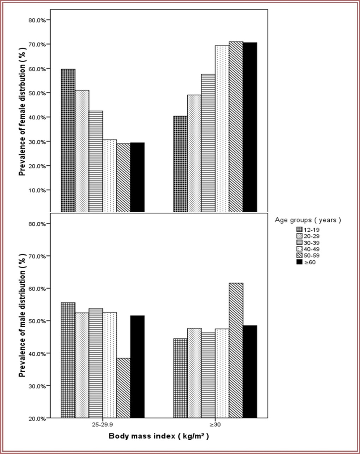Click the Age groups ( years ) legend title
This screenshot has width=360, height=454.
308,220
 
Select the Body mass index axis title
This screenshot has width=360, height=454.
159,436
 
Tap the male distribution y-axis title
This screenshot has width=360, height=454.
22,314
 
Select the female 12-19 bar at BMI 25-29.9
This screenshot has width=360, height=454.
68,141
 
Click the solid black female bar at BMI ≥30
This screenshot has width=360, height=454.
250,127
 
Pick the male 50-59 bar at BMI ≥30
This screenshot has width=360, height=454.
236,350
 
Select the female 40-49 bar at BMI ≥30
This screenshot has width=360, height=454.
222,129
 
